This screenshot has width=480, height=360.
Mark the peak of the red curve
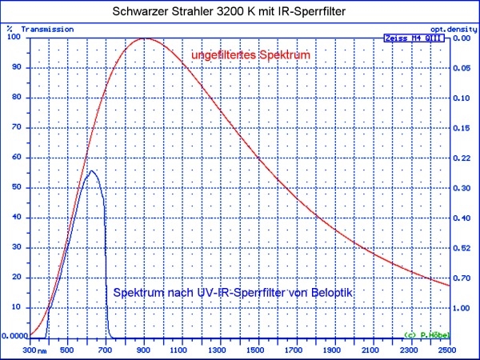coord(144,38)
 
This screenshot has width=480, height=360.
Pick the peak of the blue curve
coord(91,170)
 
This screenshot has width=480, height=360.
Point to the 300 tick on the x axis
coord(30,349)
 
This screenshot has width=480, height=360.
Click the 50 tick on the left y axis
coord(17,187)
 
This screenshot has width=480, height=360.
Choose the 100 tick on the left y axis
coord(14,38)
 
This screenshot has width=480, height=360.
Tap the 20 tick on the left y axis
coord(17,277)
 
